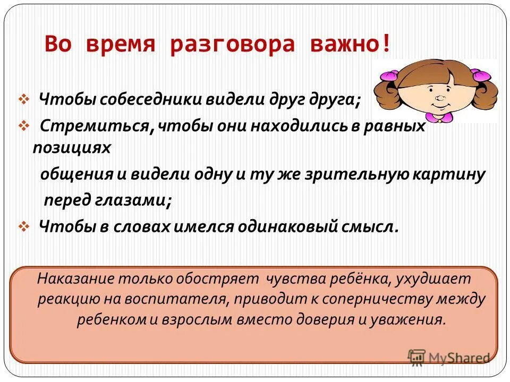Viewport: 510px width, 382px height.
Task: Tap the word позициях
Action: pos(72,148)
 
